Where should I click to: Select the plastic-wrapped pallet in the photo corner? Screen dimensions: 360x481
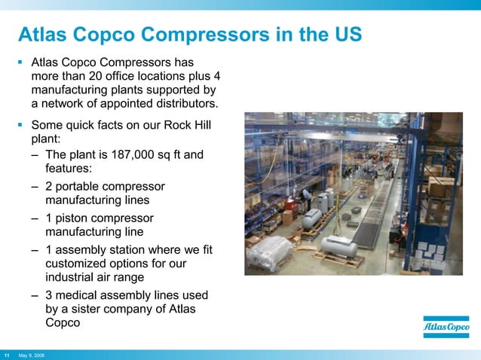[x=270, y=252]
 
